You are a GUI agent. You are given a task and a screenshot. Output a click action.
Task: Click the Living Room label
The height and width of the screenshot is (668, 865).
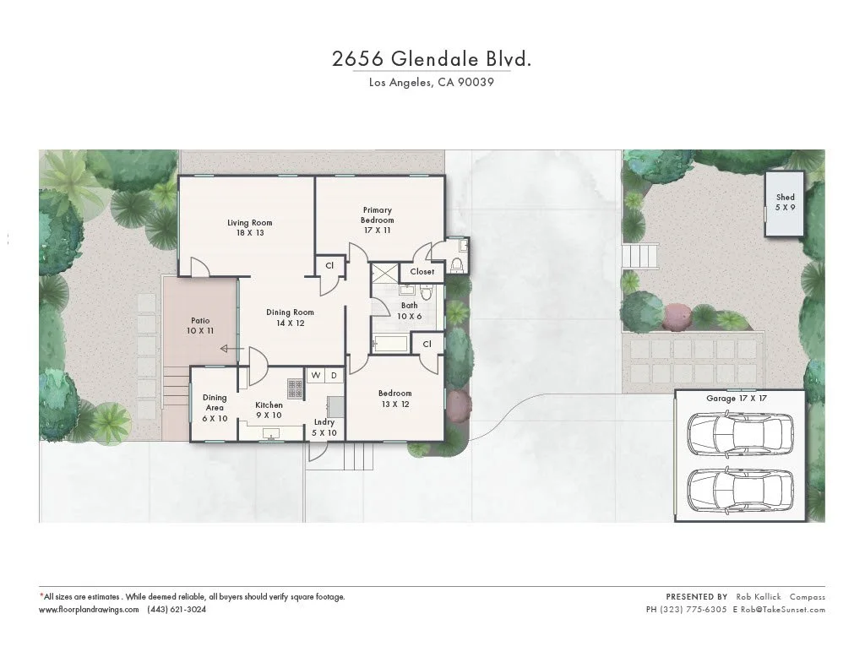tap(249, 228)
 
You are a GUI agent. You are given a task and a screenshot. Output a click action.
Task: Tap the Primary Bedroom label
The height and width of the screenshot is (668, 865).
tap(378, 215)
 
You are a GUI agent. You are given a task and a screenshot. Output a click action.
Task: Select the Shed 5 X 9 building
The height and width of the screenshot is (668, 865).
tap(785, 203)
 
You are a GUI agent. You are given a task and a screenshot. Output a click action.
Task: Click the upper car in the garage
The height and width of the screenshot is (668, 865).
tap(740, 434)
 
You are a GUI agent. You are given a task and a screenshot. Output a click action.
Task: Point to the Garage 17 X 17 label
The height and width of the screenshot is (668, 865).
tap(743, 397)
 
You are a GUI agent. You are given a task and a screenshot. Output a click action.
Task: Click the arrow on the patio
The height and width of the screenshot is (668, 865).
tap(226, 348)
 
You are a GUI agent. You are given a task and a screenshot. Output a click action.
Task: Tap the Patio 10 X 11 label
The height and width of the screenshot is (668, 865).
tap(200, 326)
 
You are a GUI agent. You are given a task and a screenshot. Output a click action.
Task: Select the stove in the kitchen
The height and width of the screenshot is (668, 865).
tap(296, 388)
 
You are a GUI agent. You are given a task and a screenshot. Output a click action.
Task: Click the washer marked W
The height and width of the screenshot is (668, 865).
tap(316, 375)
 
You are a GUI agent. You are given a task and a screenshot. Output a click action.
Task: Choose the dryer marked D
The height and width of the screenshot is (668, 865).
tap(334, 375)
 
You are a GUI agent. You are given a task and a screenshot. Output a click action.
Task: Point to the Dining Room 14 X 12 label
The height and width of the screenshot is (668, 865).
tap(291, 318)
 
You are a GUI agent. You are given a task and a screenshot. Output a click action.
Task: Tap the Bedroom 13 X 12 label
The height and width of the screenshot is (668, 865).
tap(394, 399)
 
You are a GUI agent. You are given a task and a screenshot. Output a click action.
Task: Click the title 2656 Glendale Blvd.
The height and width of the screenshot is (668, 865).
tap(432, 59)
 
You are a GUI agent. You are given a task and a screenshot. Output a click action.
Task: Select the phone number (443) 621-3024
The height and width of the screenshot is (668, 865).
tap(177, 609)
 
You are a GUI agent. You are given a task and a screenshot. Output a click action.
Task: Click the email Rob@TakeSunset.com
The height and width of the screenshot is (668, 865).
tap(782, 609)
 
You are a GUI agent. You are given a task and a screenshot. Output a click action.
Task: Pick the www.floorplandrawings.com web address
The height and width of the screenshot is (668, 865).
tap(89, 609)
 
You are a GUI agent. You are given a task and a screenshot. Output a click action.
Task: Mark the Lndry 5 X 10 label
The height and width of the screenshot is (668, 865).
tap(324, 427)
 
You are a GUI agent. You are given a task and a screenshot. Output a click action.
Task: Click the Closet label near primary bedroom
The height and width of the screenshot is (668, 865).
tap(422, 271)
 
